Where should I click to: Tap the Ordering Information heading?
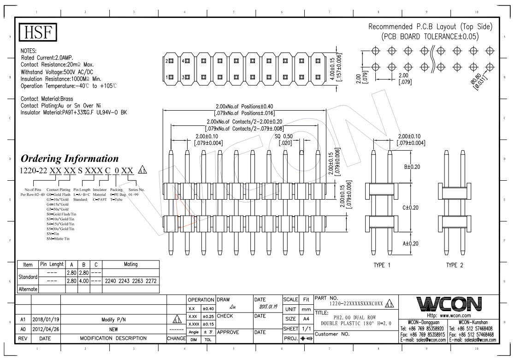(x=70, y=159)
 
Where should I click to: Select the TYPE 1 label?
(x=382, y=266)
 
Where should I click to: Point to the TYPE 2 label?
(x=454, y=266)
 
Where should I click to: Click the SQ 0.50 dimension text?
(x=284, y=136)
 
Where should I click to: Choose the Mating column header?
(x=131, y=265)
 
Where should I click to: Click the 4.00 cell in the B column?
(x=83, y=280)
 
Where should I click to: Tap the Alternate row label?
(x=28, y=289)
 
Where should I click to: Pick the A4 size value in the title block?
(x=304, y=319)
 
